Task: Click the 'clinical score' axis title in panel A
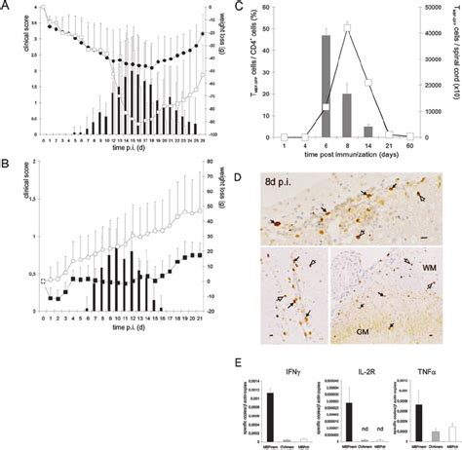(x=9, y=73)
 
